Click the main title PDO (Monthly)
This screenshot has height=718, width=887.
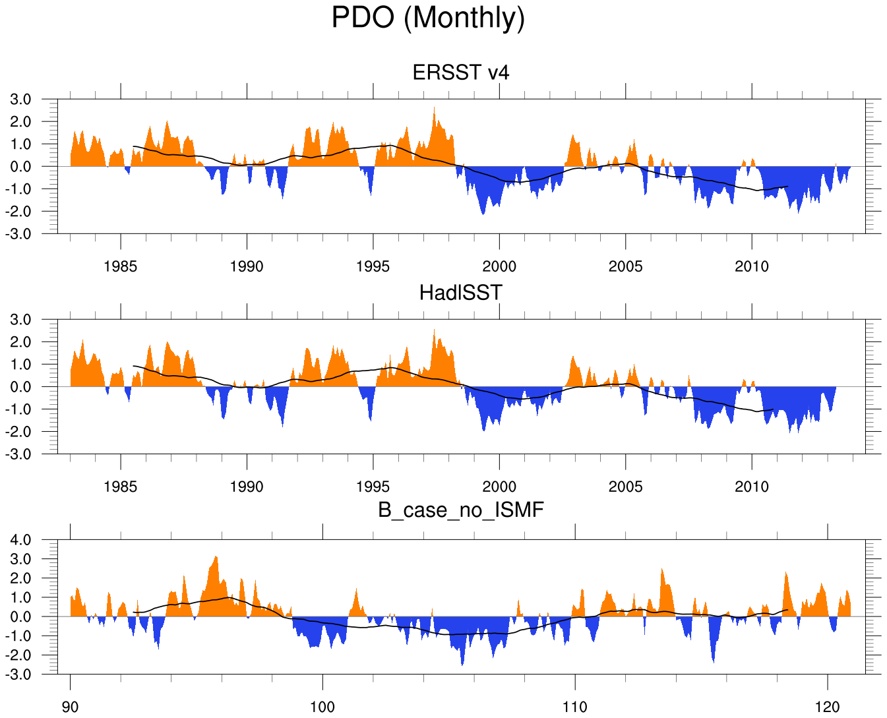428,18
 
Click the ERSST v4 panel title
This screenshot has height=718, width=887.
460,72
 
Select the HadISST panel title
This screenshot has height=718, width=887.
460,292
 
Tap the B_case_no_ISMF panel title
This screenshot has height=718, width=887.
460,510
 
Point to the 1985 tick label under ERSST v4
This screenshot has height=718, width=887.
121,267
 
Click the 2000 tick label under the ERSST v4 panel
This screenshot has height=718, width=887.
499,267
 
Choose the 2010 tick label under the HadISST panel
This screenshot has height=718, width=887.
752,487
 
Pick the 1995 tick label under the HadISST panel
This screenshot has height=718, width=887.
373,487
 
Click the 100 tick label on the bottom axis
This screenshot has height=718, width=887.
322,707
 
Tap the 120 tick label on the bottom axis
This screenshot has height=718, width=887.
828,707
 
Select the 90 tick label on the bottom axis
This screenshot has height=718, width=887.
70,707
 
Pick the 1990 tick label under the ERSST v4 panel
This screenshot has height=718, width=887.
247,267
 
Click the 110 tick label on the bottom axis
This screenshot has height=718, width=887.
575,707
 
